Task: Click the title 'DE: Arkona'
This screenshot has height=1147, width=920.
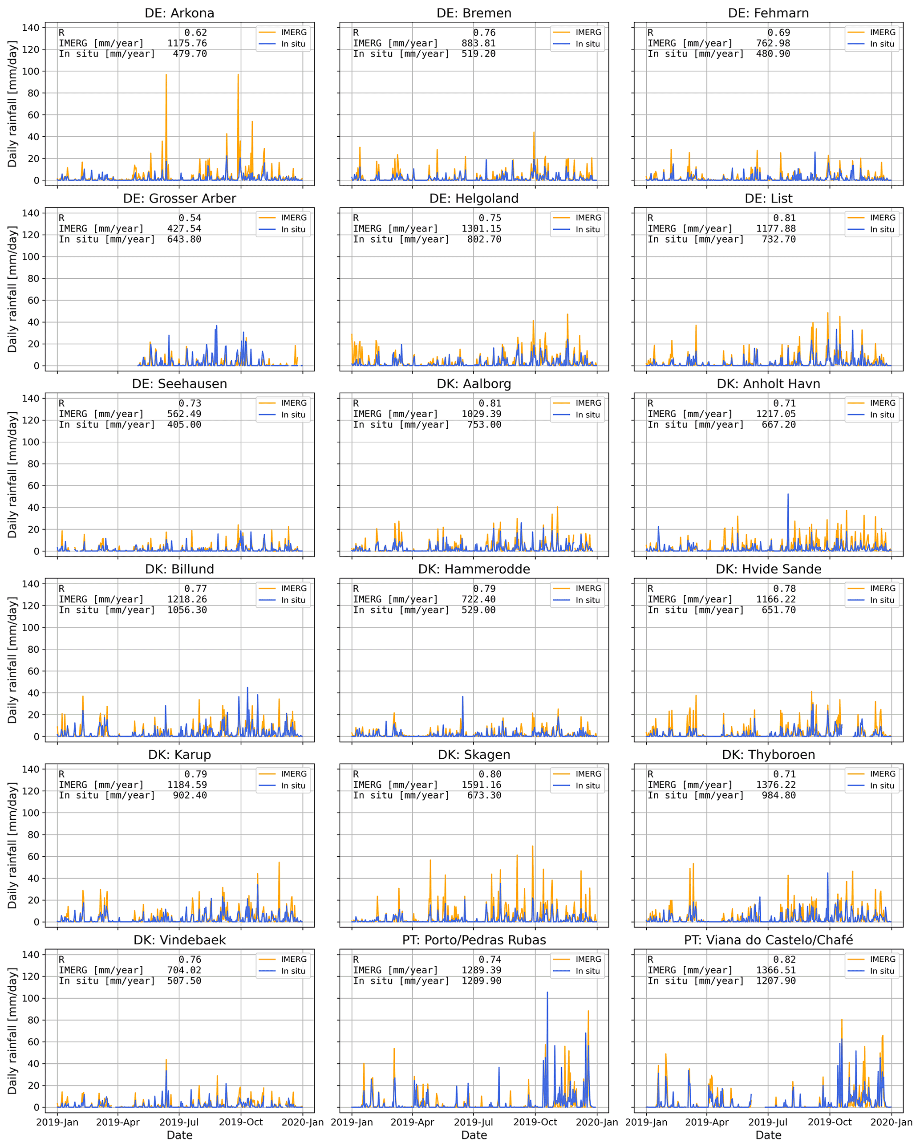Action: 179,13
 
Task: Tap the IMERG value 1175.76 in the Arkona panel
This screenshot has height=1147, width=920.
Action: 186,43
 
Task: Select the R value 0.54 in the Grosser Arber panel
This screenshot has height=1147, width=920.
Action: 190,218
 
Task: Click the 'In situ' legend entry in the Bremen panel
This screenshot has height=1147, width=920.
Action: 588,44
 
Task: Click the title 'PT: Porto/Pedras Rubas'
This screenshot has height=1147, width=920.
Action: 474,940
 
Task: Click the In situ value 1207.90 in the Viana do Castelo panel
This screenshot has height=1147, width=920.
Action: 776,980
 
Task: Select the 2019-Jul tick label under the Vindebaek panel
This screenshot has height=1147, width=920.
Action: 179,1122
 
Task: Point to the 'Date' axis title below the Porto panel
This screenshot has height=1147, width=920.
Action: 474,1135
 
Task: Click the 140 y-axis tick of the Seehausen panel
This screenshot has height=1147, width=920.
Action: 30,399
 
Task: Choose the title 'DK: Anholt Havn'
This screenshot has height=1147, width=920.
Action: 768,383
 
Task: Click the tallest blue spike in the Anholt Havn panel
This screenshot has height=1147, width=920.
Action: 788,494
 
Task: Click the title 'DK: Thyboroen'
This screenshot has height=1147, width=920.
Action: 768,754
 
